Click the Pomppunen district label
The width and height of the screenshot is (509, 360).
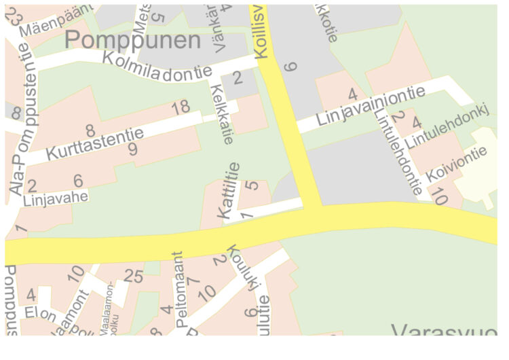pyautogui.click(x=133, y=40)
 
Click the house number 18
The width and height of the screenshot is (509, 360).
pyautogui.click(x=181, y=107)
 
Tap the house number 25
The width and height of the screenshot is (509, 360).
pyautogui.click(x=134, y=276)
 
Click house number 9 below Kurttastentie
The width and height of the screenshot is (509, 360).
pyautogui.click(x=132, y=149)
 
